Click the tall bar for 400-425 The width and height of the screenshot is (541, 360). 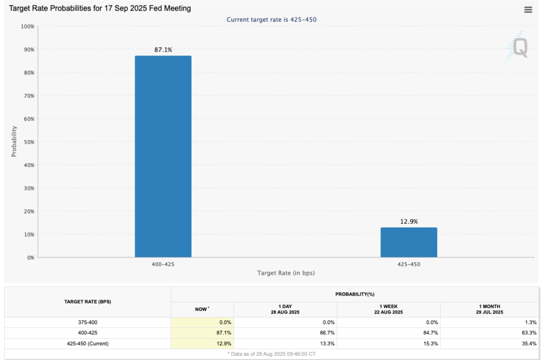[163, 156]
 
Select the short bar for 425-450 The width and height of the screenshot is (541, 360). [408, 242]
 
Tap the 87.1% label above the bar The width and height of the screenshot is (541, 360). [163, 50]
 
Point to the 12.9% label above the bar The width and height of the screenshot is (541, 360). [408, 221]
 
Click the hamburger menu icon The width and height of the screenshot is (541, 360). [528, 10]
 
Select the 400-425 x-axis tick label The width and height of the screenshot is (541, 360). [163, 263]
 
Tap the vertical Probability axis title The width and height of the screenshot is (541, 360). [14, 141]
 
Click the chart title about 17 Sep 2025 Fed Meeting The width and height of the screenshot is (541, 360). [100, 8]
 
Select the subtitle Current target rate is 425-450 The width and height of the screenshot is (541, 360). [272, 20]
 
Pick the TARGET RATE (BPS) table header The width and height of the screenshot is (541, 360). [88, 302]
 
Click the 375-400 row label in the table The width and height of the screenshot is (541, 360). [88, 322]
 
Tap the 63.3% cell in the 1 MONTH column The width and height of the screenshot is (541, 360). [529, 333]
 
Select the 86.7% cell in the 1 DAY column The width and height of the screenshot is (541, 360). [325, 333]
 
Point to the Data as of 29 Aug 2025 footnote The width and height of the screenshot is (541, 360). [272, 353]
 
